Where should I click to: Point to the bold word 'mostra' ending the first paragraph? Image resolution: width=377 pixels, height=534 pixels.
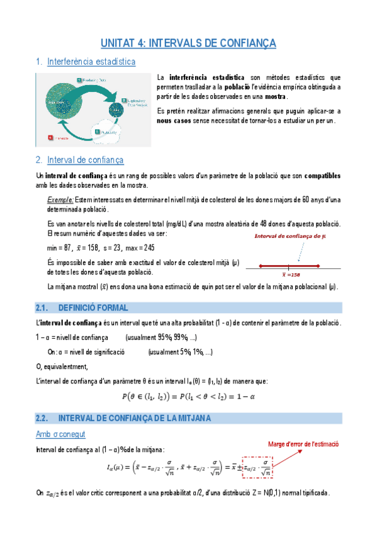[275, 97]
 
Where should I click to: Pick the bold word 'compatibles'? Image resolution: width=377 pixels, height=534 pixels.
[317, 175]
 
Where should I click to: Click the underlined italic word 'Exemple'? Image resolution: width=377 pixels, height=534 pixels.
[60, 200]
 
